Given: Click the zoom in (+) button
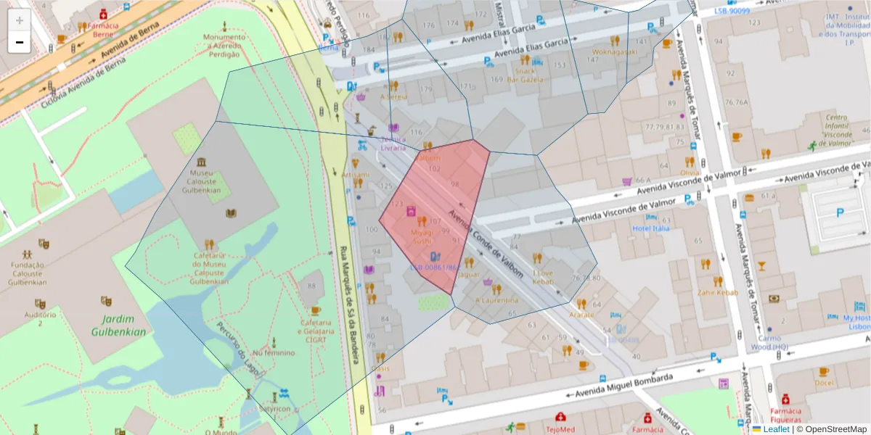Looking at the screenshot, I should (20, 20).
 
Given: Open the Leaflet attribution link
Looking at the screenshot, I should (776, 429).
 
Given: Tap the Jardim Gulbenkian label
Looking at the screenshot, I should (118, 326).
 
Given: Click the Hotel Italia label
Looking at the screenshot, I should (650, 228).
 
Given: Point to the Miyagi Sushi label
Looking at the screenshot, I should (422, 236).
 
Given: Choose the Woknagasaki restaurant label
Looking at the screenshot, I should (614, 52).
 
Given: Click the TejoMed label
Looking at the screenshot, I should (560, 428).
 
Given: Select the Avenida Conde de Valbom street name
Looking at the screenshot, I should (486, 243).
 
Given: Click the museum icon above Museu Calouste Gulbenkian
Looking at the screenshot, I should (200, 161).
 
